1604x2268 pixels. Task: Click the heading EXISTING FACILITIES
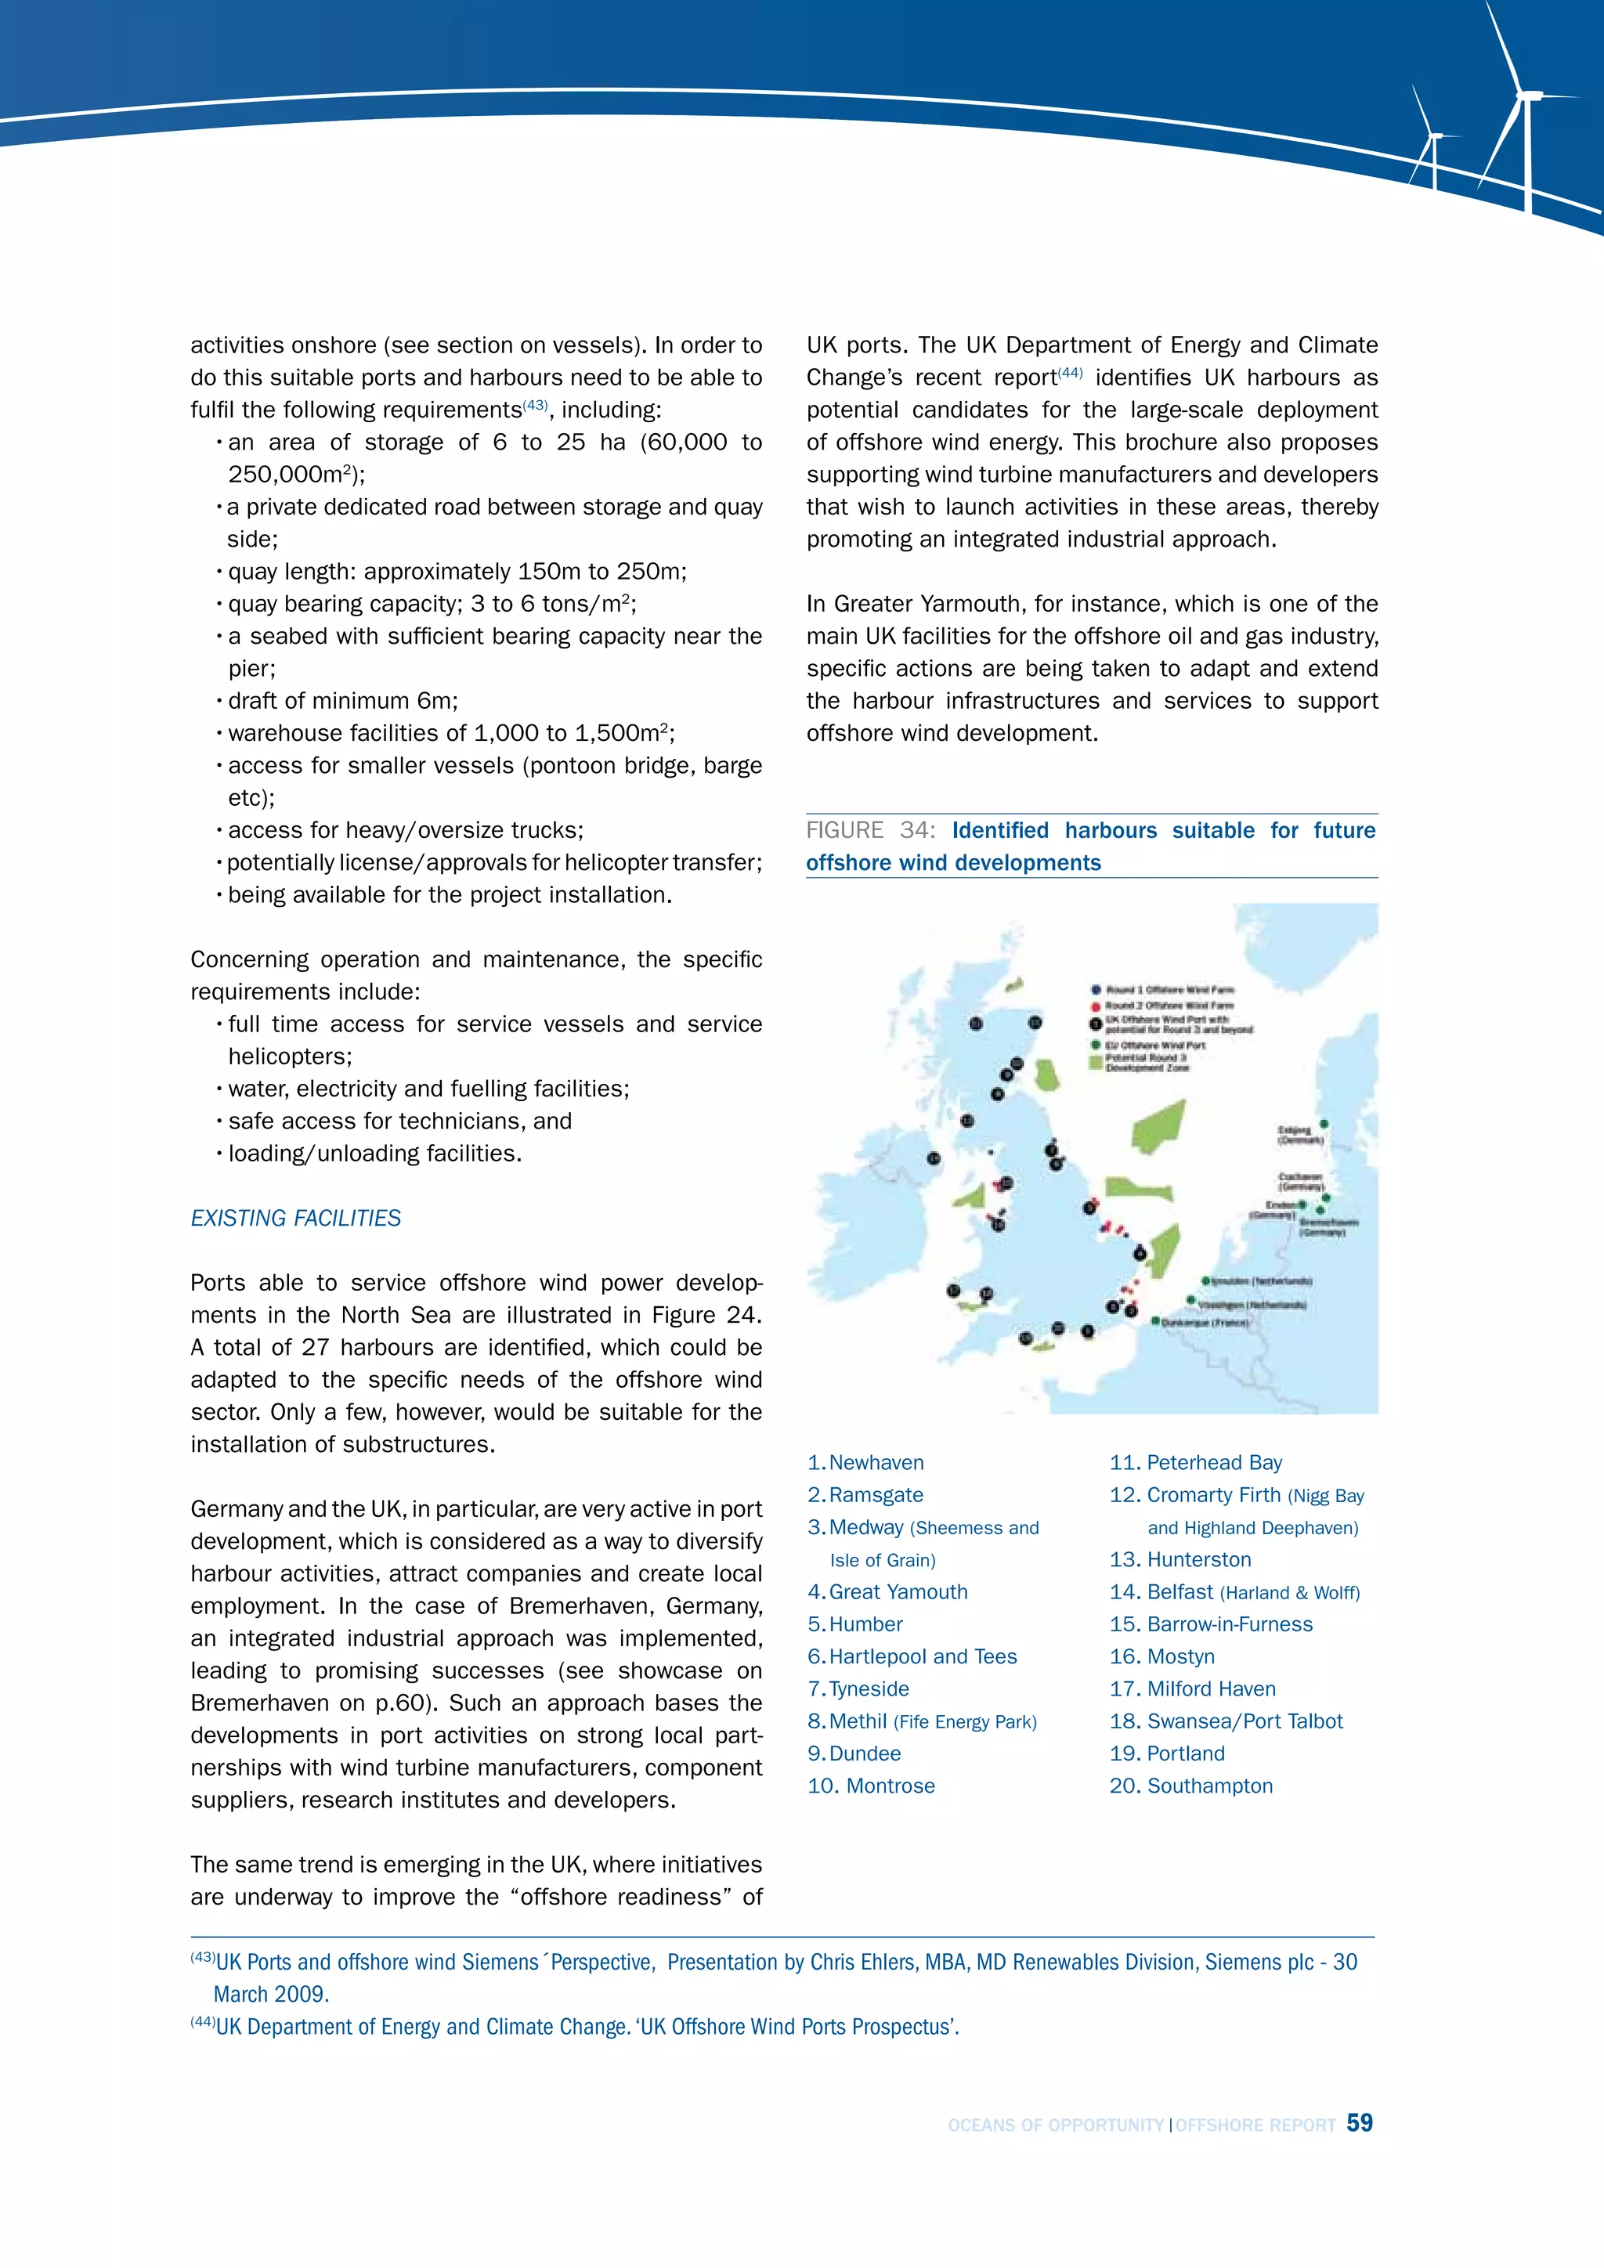(x=295, y=1218)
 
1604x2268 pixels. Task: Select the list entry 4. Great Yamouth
(x=888, y=1591)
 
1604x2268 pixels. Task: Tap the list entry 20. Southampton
(x=1191, y=1785)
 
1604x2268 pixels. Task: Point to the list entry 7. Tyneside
(x=858, y=1688)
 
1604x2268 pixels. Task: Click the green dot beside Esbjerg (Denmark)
(x=1324, y=1124)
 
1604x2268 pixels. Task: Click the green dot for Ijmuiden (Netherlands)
(x=1206, y=1281)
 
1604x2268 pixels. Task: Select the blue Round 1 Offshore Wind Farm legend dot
(x=1096, y=990)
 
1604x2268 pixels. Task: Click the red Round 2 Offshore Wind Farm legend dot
(x=1096, y=1006)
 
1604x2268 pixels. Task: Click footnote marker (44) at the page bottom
(x=203, y=2021)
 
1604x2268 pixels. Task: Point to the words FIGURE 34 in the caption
(x=870, y=830)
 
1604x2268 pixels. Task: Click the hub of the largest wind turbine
(x=1528, y=96)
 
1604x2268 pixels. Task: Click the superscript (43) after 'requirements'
(x=536, y=405)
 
